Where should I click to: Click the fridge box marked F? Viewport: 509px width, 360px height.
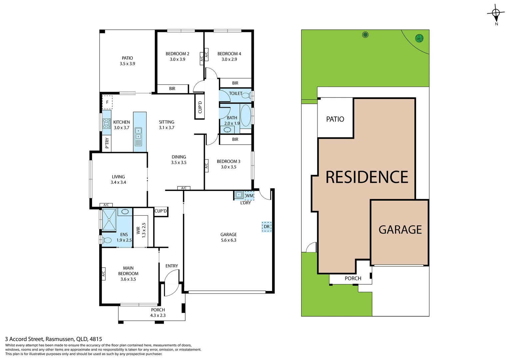tap(107, 102)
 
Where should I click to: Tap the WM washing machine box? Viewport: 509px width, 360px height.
tap(249, 196)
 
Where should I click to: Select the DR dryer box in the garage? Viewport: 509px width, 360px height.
tap(266, 227)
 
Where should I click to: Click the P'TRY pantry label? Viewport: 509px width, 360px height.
tap(107, 143)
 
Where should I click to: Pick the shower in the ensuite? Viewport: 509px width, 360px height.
tap(109, 220)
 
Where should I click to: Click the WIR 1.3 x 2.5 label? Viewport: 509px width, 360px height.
tap(141, 230)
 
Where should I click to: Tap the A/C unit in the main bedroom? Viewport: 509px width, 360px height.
tap(103, 274)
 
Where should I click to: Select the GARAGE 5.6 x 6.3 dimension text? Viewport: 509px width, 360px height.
tap(229, 240)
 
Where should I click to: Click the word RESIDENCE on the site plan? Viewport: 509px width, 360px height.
tap(367, 177)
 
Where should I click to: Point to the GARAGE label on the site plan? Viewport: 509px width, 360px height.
tap(400, 230)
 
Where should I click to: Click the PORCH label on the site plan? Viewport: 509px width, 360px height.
tap(353, 278)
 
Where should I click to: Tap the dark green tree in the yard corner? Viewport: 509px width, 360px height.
tap(419, 38)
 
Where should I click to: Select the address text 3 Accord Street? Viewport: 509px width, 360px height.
tap(53, 339)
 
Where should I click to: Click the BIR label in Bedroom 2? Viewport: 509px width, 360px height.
tap(172, 89)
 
